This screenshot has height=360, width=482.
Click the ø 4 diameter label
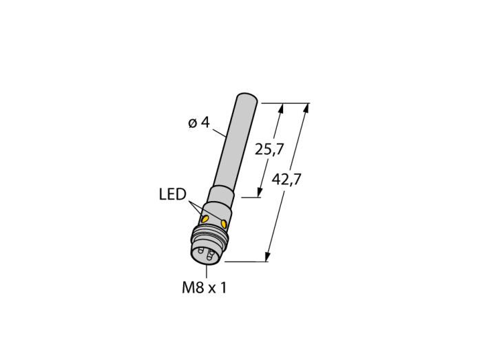pos(198,123)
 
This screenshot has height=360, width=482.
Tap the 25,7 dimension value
pos(269,149)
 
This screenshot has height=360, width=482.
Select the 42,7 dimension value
pos(286,179)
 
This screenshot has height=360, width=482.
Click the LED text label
pos(173,194)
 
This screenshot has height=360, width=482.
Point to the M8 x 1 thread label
pos(205,288)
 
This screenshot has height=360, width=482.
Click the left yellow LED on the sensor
pos(205,219)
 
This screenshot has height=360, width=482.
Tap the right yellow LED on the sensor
pos(224,223)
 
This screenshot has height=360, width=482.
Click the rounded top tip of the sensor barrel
pos(247,96)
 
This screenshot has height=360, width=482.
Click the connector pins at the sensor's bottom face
pos(207,254)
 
